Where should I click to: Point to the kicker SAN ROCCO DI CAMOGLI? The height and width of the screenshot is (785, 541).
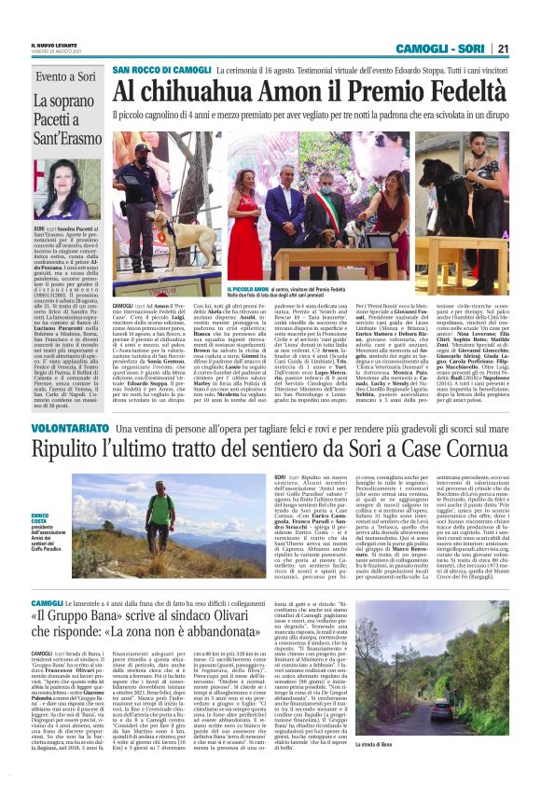click(161, 70)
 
